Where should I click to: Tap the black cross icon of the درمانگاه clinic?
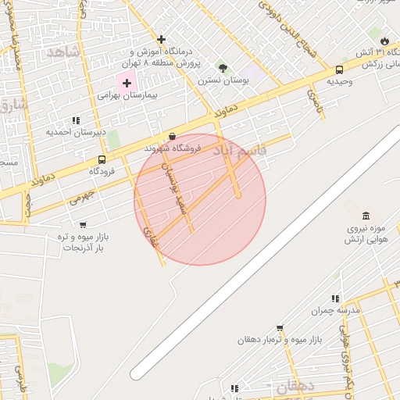tap(161, 39)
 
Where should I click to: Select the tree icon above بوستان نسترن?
tap(223, 68)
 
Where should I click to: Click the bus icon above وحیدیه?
tap(339, 70)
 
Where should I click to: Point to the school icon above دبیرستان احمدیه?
tap(76, 120)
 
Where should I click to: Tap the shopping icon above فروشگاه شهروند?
tap(172, 136)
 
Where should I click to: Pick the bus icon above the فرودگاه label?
tap(102, 159)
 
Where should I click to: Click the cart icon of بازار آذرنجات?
tap(83, 225)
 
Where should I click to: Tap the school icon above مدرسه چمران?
tap(335, 298)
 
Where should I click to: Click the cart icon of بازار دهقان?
tap(280, 328)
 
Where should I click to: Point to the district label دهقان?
tap(293, 387)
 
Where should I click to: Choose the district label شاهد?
tap(64, 52)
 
